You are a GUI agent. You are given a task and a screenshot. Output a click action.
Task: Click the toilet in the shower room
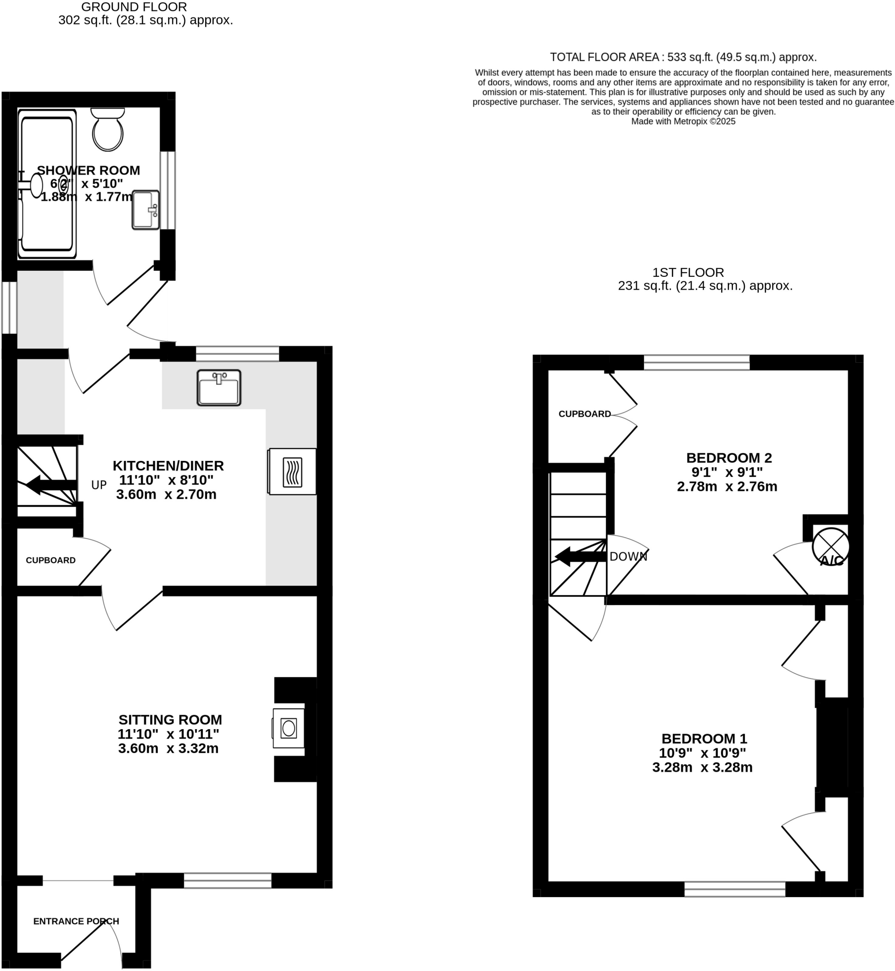click(108, 130)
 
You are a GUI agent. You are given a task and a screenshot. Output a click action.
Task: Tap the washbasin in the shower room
click(145, 210)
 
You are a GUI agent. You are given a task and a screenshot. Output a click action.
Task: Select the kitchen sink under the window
click(219, 388)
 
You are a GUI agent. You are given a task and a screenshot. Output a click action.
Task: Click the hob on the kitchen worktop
click(292, 472)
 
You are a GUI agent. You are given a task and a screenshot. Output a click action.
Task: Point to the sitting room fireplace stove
click(289, 728)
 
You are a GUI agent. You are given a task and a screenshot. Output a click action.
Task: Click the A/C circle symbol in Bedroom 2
click(831, 546)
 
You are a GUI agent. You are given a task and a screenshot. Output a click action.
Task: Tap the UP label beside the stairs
click(99, 485)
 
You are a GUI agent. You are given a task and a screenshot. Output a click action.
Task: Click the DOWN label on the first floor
click(628, 557)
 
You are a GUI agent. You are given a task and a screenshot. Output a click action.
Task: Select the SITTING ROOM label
click(170, 720)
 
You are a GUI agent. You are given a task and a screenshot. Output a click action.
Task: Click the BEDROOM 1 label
click(704, 738)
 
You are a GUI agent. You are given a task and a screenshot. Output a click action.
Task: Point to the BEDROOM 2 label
click(729, 458)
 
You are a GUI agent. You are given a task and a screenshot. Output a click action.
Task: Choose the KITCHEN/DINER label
click(168, 466)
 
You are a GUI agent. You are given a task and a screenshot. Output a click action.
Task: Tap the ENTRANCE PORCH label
click(76, 921)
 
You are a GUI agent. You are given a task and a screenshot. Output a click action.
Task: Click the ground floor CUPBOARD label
click(50, 560)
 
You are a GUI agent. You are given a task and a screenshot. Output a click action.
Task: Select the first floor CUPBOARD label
click(585, 414)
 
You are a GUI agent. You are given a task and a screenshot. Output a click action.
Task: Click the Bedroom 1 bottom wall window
click(735, 889)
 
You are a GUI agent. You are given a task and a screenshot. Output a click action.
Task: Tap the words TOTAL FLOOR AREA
click(604, 57)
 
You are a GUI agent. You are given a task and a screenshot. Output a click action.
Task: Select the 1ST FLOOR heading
click(688, 272)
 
